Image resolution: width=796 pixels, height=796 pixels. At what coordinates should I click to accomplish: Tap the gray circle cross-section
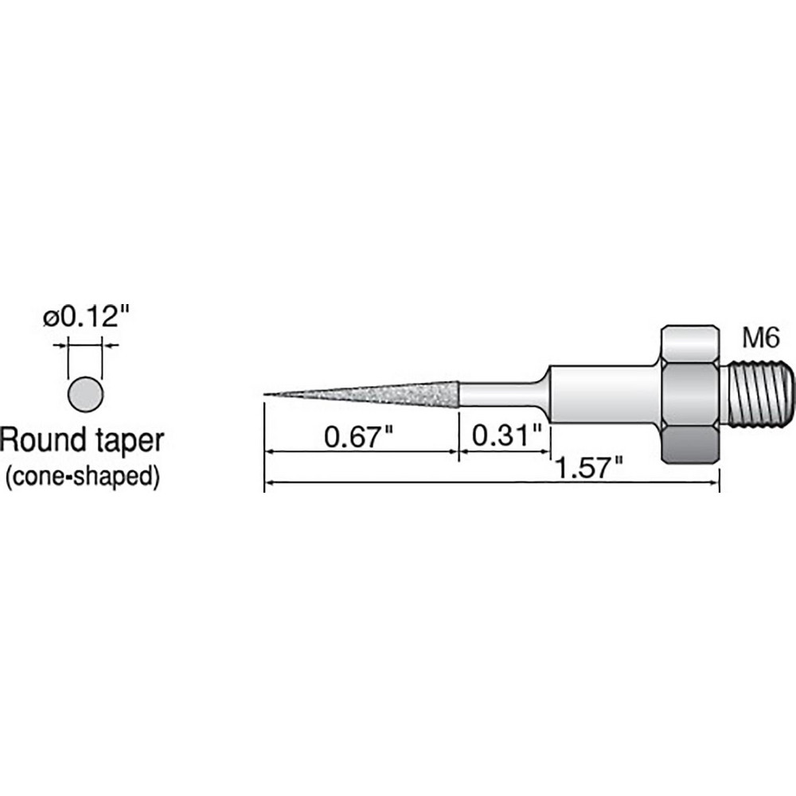tap(85, 393)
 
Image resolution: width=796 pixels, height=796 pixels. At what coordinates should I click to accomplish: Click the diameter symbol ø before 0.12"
tap(50, 318)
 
